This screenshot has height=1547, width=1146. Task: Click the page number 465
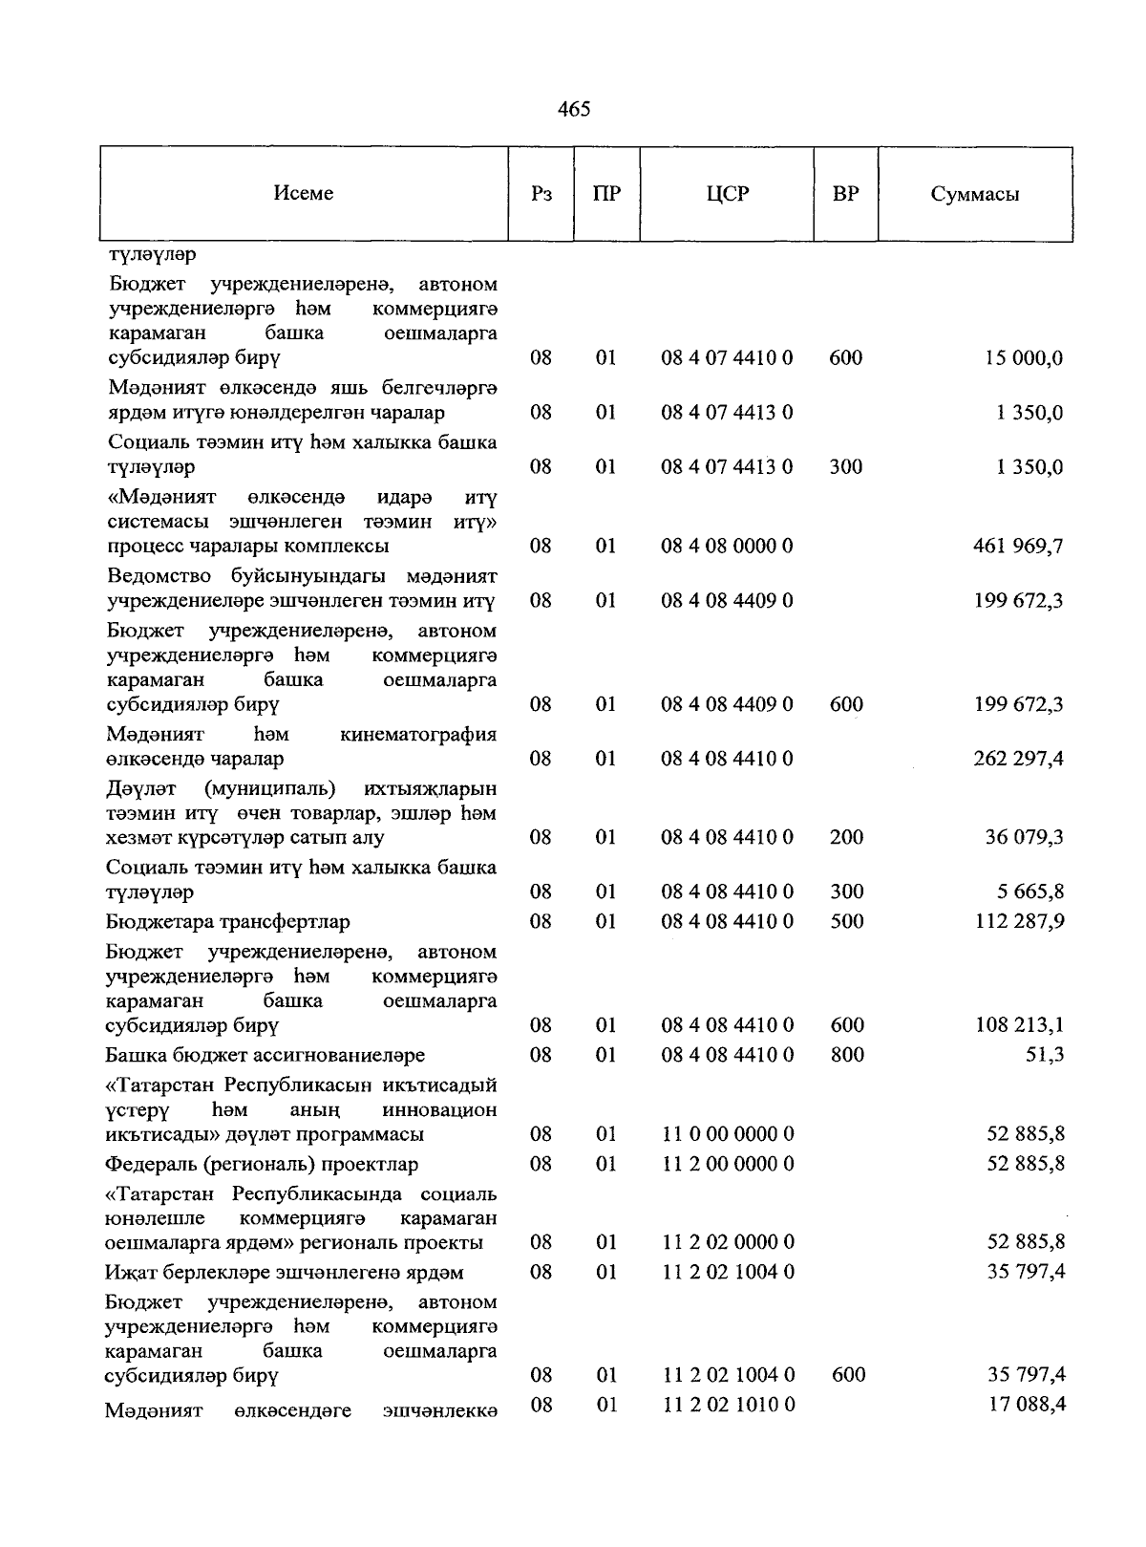tap(573, 109)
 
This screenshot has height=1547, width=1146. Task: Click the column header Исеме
tap(303, 193)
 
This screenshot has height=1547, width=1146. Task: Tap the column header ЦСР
tap(728, 194)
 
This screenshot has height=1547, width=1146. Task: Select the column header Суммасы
tap(974, 195)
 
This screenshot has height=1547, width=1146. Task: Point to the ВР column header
tap(845, 194)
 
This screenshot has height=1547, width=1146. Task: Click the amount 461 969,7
tap(1018, 547)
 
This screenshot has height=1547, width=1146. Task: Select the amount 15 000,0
tap(1024, 359)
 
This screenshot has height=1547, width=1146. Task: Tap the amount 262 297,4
tap(1018, 759)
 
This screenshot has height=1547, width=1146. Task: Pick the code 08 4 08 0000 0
tap(727, 547)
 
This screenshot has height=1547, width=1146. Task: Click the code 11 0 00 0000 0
tap(727, 1134)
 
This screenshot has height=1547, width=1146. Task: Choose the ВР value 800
tap(846, 1055)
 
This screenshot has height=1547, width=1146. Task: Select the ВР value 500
tap(846, 921)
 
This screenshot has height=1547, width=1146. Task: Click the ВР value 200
tap(846, 837)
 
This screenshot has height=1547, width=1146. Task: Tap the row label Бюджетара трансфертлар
tap(227, 922)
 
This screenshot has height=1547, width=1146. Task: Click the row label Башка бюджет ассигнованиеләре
tap(265, 1056)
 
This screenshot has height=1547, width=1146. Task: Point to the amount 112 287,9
tap(1018, 922)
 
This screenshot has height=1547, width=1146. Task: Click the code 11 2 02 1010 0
tap(727, 1405)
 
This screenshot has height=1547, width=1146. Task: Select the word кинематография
tap(418, 735)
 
